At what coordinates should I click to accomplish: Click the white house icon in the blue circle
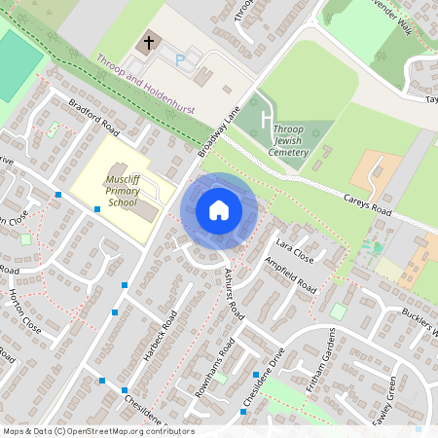[x=219, y=210]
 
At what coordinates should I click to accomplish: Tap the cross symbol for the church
[x=149, y=42]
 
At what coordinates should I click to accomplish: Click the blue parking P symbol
[x=178, y=60]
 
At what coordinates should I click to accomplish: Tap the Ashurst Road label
[x=234, y=288]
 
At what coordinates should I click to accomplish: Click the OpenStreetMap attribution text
[x=97, y=431]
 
